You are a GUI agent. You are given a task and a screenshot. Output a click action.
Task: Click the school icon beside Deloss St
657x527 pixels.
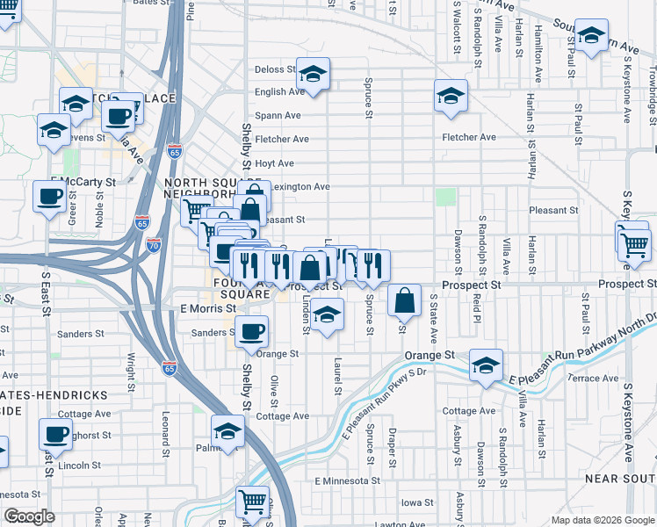click(312, 76)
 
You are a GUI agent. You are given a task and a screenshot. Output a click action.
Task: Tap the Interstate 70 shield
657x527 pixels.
click(154, 243)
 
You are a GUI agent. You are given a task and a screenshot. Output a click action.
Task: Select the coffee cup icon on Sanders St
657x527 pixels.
click(252, 331)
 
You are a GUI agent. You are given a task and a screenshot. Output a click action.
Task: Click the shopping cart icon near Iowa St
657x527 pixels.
click(253, 502)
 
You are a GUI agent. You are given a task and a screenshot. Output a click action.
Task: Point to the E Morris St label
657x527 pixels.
click(208, 309)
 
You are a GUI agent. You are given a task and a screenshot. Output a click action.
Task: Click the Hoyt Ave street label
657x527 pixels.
click(273, 163)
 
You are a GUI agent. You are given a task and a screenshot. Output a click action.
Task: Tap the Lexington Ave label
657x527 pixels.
click(300, 186)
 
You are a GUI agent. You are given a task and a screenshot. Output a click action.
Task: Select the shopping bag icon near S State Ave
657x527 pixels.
click(405, 301)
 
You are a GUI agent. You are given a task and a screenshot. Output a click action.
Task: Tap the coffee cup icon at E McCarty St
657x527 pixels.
click(48, 195)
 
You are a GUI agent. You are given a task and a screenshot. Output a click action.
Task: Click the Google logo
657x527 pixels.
click(30, 516)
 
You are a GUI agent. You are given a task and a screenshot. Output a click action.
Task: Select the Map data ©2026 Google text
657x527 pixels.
click(602, 520)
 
